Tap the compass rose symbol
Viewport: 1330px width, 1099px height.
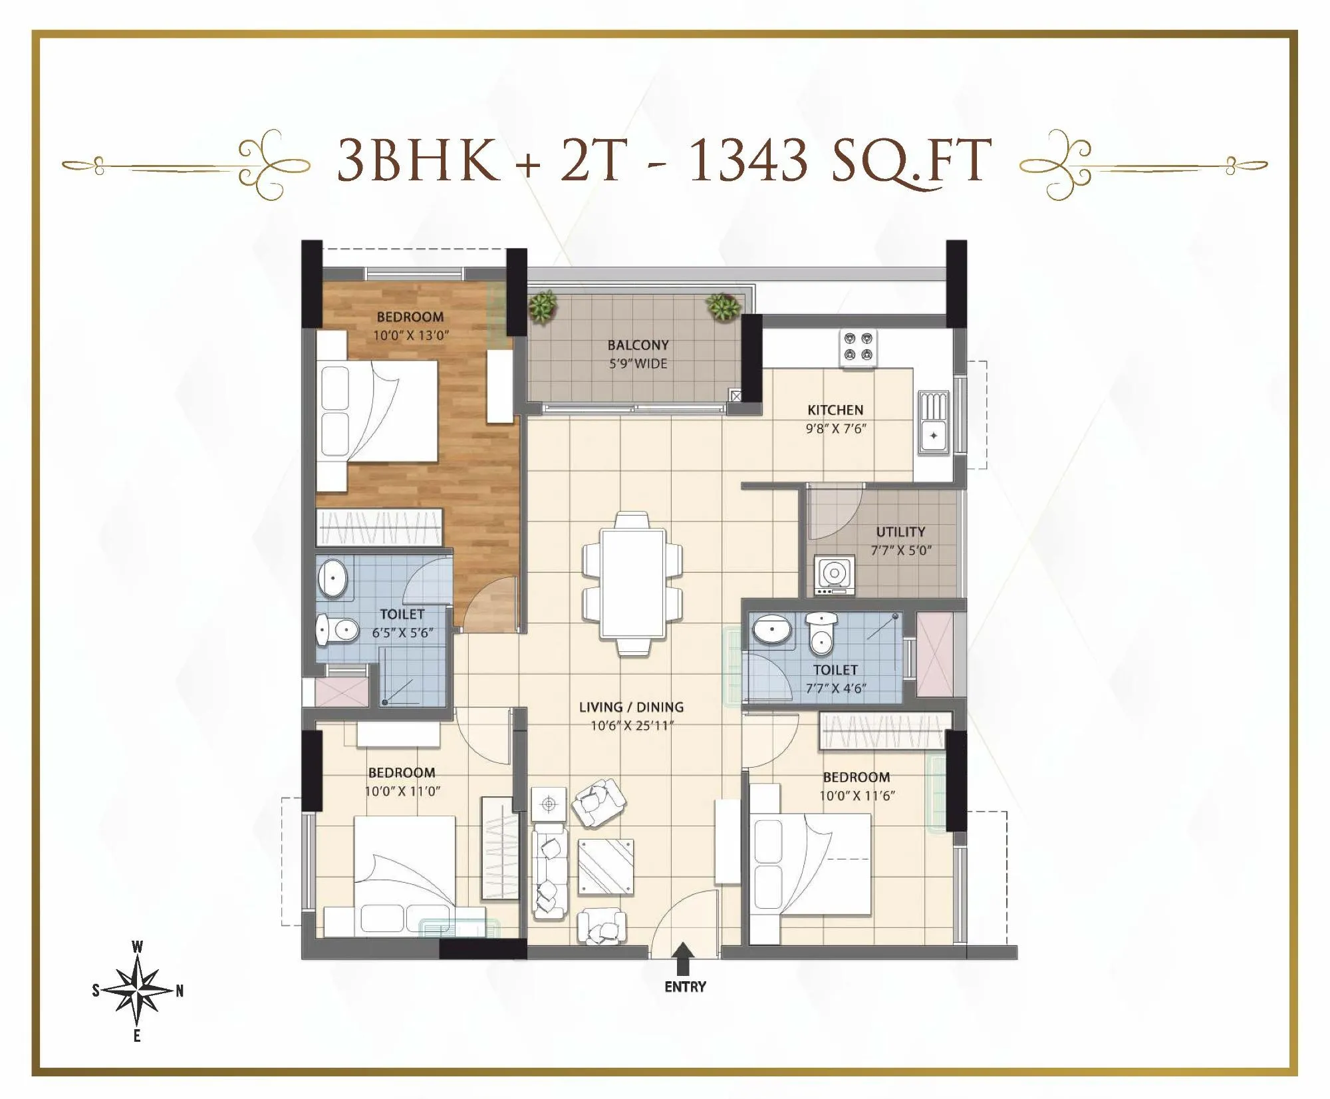point(137,991)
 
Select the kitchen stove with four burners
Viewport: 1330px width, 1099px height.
point(857,347)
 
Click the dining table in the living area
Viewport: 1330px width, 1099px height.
point(632,583)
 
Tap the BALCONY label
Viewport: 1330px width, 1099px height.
point(638,345)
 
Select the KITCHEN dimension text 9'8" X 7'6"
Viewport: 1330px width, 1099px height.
point(835,429)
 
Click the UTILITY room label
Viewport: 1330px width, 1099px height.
point(900,532)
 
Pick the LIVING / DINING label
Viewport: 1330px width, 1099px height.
point(631,707)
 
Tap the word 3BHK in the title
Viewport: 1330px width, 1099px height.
point(418,160)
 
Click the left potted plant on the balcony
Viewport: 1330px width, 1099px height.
point(543,307)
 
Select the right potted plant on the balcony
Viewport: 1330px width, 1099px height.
point(723,307)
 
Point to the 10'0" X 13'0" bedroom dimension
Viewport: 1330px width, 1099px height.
point(410,335)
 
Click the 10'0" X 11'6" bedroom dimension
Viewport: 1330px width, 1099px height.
point(857,796)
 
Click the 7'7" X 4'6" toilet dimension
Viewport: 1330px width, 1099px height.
point(835,689)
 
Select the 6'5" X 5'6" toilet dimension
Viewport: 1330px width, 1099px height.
point(402,633)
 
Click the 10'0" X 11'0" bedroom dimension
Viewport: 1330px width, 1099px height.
point(402,791)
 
